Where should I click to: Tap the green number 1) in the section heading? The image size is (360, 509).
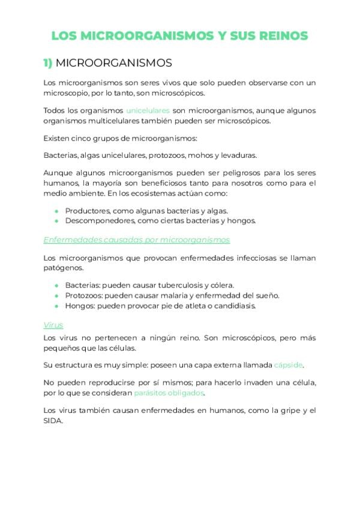[48, 63]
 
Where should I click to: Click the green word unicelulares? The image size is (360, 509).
[148, 110]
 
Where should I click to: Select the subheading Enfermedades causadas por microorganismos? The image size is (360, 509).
[136, 239]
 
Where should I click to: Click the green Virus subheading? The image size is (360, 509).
[53, 325]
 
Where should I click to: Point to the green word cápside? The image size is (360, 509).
[288, 365]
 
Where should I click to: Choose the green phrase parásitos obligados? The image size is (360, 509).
[169, 393]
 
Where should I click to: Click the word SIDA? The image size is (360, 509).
[53, 421]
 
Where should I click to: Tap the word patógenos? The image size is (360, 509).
[61, 268]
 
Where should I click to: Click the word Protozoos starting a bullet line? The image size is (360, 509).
[82, 295]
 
